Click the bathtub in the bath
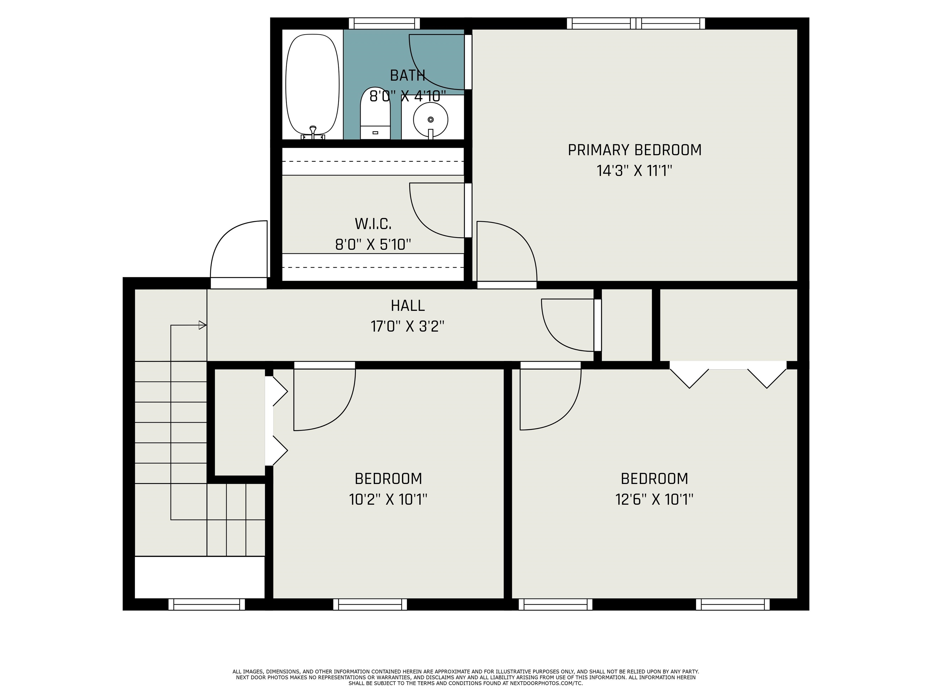[312, 84]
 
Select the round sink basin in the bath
[430, 120]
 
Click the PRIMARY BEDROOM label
[635, 150]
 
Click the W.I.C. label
[373, 224]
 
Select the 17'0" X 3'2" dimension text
[407, 326]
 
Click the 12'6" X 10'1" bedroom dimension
[654, 499]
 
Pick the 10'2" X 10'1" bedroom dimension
[388, 499]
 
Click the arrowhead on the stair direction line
[203, 325]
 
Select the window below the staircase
[207, 604]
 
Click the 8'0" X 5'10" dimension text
[373, 244]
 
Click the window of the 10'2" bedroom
[370, 604]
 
